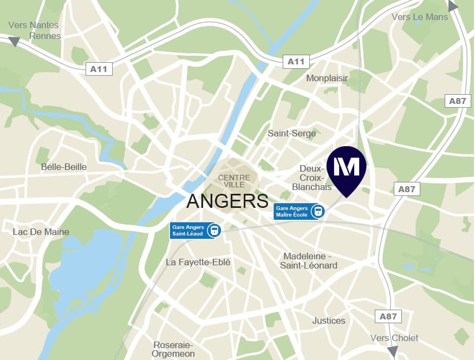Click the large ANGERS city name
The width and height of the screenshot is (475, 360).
coord(227,201)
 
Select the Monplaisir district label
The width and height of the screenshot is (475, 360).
coord(327,78)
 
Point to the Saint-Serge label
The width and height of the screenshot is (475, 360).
coord(292,133)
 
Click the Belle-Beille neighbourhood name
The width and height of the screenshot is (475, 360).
coord(64,167)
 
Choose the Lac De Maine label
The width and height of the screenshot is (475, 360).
coord(41,232)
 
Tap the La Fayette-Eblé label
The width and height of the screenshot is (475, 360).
coord(198,262)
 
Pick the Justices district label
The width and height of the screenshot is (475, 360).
coord(329,320)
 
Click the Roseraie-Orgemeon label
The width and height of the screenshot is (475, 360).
coord(174,349)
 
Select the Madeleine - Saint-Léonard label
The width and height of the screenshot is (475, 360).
coord(309,260)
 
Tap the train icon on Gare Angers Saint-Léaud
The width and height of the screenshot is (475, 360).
coord(215,230)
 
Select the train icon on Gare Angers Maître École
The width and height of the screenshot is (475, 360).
coord(318,211)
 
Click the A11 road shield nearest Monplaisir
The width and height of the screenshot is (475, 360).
coord(296,62)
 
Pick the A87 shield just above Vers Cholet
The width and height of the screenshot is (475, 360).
coord(388,316)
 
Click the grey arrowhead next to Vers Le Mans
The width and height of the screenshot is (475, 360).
coord(453,6)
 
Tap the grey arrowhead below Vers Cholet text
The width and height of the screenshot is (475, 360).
coord(392,352)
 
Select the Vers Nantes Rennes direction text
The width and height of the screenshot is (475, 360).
coord(34,30)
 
